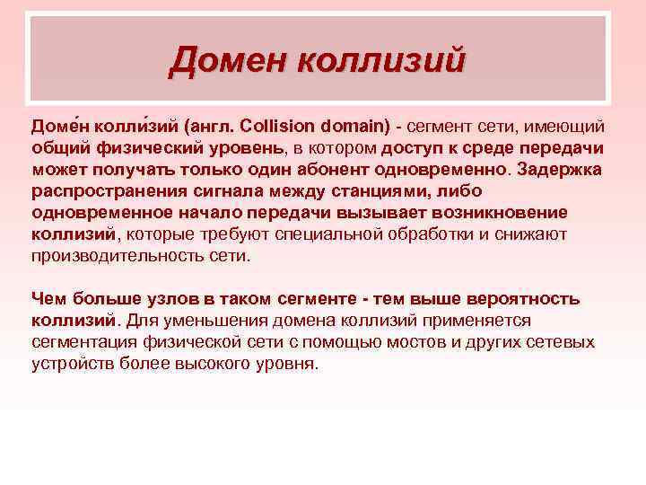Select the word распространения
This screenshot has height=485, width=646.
coord(98,191)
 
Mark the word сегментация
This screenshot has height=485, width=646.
coord(81,342)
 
